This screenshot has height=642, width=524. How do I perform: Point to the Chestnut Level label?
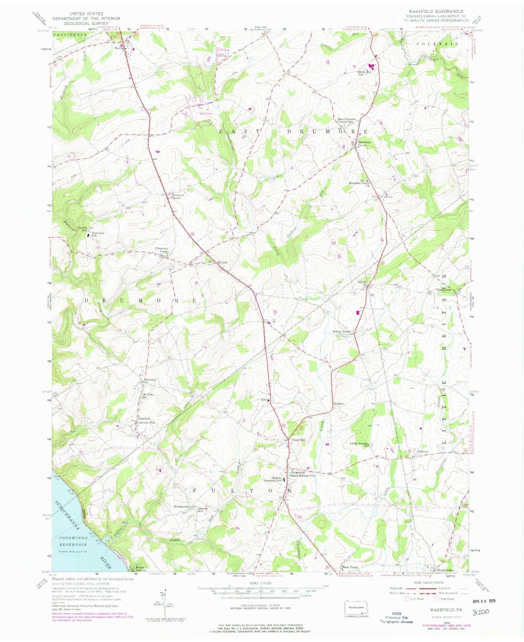click(161, 250)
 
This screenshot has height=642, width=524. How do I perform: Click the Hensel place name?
click(222, 262)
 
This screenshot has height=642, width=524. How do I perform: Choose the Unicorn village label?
click(386, 197)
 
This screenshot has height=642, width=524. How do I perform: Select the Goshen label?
click(338, 404)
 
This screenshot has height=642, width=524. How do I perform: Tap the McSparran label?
click(182, 507)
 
